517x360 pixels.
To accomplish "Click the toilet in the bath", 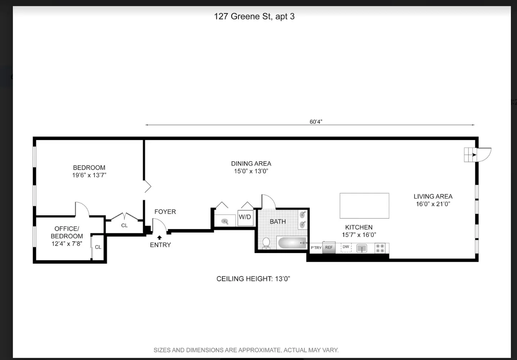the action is click(x=266, y=243).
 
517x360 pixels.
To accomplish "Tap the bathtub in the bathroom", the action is click(x=292, y=243).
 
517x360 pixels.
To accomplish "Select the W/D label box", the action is click(x=245, y=217).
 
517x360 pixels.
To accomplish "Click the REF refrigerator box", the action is click(x=329, y=247).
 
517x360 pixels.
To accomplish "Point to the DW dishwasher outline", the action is click(x=346, y=247).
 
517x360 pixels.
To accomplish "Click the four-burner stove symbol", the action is click(x=380, y=248).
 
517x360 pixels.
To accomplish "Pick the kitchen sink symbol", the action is click(x=362, y=248).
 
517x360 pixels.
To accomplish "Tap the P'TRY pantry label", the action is click(x=316, y=248).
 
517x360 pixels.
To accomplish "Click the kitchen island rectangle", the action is click(x=364, y=206).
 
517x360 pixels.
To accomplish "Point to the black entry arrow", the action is click(x=159, y=238).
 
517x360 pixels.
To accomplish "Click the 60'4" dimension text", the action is click(x=316, y=122).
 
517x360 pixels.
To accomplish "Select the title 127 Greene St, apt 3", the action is click(x=254, y=17).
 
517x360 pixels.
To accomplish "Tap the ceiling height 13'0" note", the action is click(x=253, y=279).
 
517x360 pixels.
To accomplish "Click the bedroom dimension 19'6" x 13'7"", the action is click(x=89, y=175).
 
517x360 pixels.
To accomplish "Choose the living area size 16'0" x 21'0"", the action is click(x=433, y=204).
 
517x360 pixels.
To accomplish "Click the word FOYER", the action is click(x=165, y=212).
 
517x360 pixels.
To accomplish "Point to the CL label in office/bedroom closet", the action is click(x=98, y=247).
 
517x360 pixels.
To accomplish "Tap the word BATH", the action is click(x=278, y=221).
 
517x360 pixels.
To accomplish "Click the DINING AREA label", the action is click(x=251, y=163).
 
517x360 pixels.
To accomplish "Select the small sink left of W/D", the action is click(x=225, y=221).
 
